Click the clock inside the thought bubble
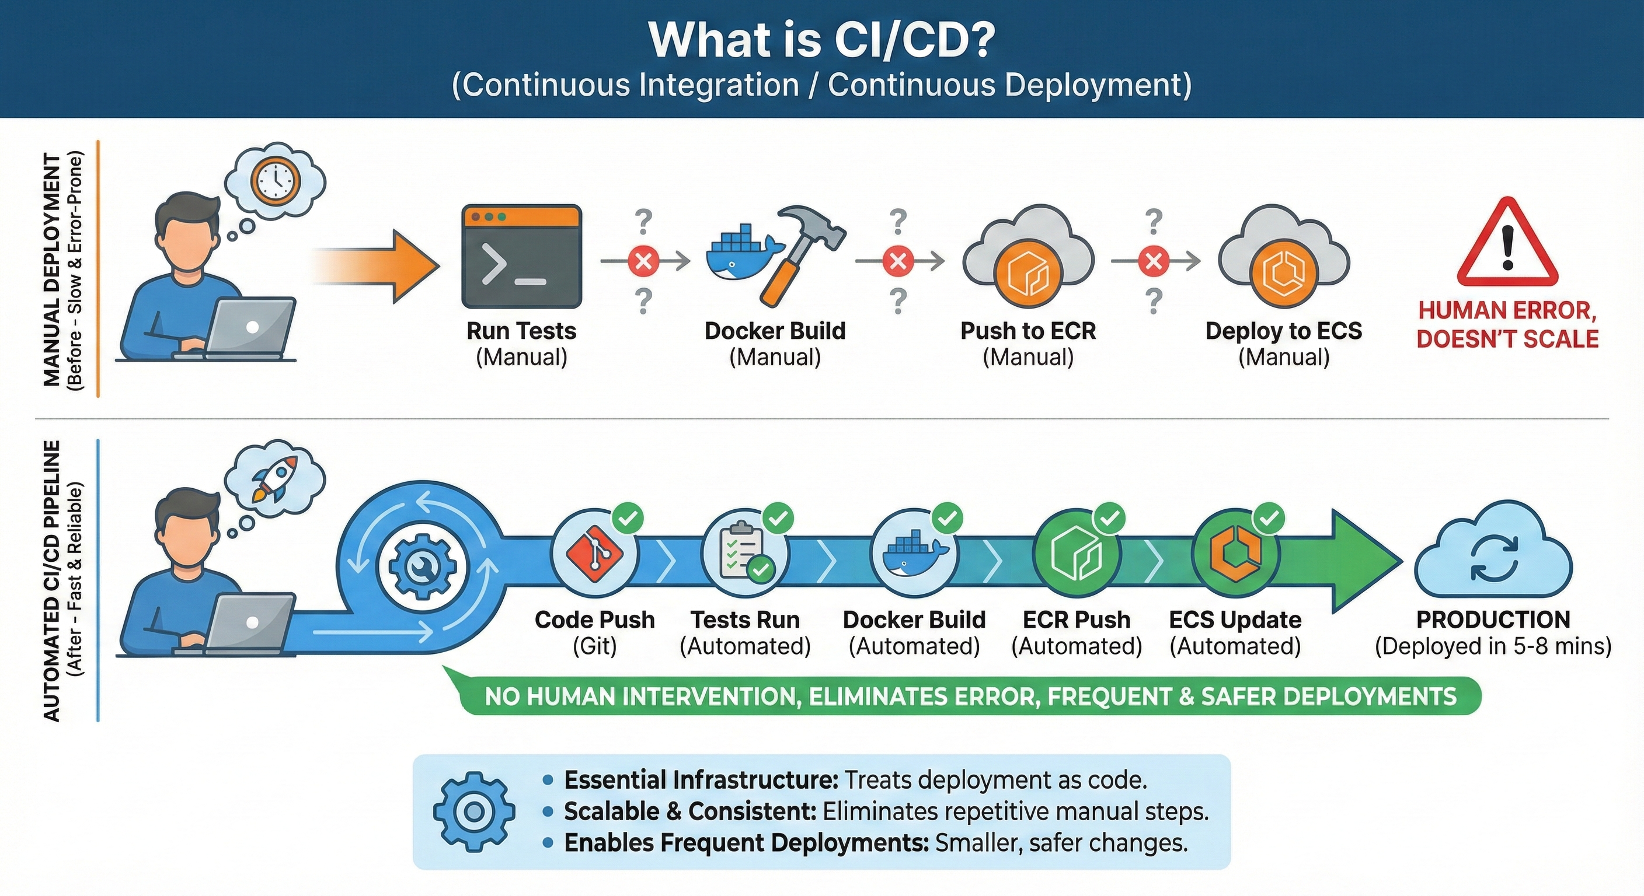(x=275, y=180)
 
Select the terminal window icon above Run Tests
(x=521, y=256)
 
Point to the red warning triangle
(x=1507, y=246)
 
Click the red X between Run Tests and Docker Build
(x=643, y=261)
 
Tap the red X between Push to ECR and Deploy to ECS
(x=1154, y=261)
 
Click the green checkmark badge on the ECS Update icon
(x=1269, y=519)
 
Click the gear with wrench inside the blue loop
(x=422, y=566)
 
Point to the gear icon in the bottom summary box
(x=473, y=812)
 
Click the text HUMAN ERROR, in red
(x=1507, y=310)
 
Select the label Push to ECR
(x=1027, y=331)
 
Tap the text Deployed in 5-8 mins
(x=1493, y=646)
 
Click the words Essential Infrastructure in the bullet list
(x=701, y=780)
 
